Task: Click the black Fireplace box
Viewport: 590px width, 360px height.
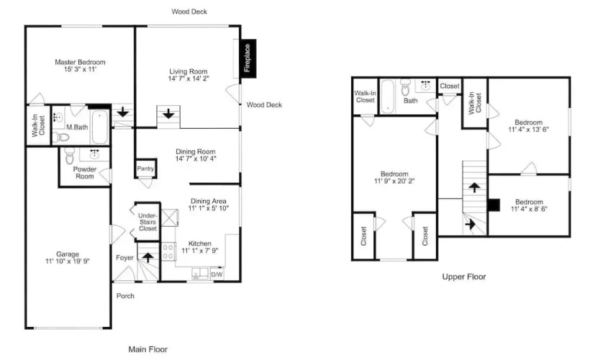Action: coord(248,58)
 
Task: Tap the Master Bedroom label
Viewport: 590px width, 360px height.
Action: coord(80,62)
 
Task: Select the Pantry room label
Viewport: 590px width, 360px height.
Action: coord(145,168)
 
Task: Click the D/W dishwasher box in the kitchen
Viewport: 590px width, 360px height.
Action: coord(217,274)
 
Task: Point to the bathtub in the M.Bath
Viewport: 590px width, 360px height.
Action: coord(100,127)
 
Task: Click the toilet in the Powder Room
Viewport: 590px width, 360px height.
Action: coord(70,156)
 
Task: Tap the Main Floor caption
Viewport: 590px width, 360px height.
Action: coord(148,349)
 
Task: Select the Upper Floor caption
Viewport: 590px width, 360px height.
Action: coord(464,276)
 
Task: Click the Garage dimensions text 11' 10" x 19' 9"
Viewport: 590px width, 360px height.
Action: coord(68,261)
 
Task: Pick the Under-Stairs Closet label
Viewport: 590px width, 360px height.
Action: coord(147,222)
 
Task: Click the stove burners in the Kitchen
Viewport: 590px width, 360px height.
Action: coord(168,251)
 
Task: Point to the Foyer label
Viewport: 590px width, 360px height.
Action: coord(124,258)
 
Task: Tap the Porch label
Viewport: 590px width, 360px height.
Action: coord(125,296)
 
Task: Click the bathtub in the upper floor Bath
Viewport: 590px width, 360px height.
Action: coord(387,96)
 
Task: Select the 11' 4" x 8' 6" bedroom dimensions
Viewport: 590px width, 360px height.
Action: coord(529,209)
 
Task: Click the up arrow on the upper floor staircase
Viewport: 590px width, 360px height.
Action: coord(474,187)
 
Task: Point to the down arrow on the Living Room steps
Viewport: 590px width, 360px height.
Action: coord(168,113)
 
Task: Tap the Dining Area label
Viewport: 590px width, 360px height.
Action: coord(209,201)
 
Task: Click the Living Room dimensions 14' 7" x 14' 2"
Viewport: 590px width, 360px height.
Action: coord(189,78)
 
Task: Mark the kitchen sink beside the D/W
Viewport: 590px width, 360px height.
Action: coord(200,274)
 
